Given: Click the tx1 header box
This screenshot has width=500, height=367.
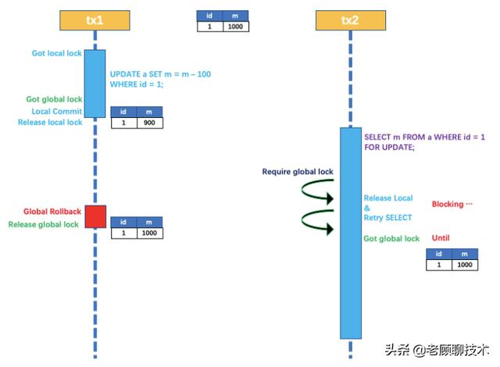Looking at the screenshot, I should (x=94, y=19).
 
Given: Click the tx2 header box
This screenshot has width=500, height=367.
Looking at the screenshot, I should (x=351, y=19).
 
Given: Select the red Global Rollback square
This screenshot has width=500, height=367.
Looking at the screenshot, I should (x=95, y=216).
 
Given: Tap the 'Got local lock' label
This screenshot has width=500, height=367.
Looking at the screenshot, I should (x=55, y=54).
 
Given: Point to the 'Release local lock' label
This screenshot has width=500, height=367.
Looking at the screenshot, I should (x=49, y=123).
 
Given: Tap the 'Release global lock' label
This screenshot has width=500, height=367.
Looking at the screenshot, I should (x=43, y=225).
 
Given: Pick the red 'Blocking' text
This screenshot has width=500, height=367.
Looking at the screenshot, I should (x=452, y=205).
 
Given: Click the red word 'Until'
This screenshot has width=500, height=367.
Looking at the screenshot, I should (x=441, y=238).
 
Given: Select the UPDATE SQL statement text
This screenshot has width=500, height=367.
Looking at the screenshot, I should (x=160, y=79).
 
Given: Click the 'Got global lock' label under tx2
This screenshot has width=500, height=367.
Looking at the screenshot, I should (x=391, y=239).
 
